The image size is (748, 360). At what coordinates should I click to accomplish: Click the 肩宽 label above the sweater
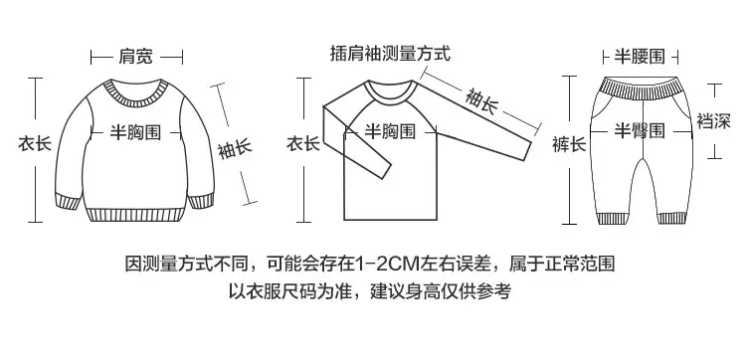[136, 57]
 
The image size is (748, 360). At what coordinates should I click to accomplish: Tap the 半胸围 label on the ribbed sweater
[136, 132]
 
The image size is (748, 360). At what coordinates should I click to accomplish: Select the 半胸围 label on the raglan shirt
[390, 131]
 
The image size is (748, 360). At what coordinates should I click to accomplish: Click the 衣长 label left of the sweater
[35, 143]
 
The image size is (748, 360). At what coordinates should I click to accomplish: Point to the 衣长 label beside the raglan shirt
[303, 143]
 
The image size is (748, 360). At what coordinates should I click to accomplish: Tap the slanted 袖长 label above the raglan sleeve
[481, 101]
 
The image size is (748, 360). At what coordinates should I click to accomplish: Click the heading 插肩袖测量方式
[390, 54]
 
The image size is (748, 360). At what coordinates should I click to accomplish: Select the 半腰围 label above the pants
[640, 57]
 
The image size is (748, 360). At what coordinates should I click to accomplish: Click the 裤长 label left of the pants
[569, 144]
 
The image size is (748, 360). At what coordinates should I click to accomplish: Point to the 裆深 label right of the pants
[713, 121]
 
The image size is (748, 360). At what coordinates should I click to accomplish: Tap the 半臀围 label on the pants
[640, 130]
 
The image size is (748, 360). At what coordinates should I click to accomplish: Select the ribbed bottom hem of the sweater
[136, 215]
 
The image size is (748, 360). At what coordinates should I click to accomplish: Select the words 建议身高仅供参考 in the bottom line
[441, 290]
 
